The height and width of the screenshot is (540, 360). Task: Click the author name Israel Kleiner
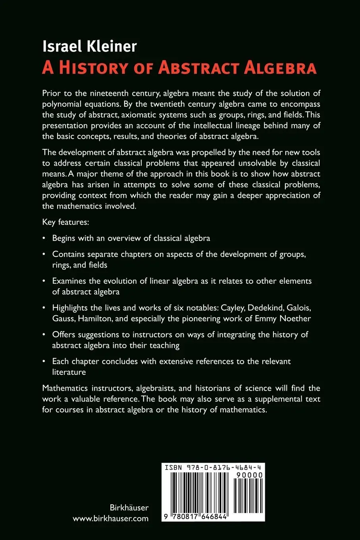(90, 47)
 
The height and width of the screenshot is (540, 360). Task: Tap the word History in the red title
(94, 67)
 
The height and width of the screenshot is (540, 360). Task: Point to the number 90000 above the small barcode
(250, 475)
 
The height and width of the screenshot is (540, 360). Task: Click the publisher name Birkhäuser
(129, 507)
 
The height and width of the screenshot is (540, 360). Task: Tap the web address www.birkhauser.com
(111, 518)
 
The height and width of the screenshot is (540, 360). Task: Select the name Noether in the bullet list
(295, 318)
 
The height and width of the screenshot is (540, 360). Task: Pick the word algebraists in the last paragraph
(141, 388)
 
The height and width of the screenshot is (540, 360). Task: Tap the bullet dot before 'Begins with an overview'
(44, 239)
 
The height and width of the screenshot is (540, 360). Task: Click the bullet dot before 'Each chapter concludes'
(44, 362)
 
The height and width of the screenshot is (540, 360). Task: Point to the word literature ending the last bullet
(69, 372)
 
